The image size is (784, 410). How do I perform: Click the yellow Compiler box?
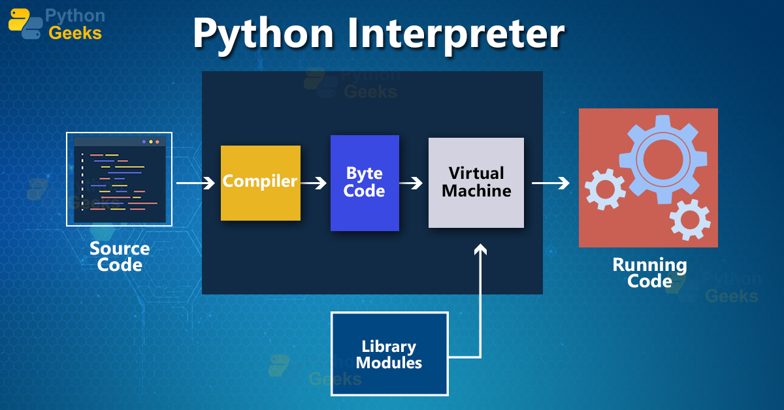(260, 183)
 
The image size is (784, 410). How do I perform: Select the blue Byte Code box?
(365, 183)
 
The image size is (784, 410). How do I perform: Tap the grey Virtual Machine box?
(476, 183)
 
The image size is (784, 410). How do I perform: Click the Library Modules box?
(389, 354)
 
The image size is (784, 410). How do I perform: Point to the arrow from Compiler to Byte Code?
(314, 183)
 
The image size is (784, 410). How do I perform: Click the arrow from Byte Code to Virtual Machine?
(411, 183)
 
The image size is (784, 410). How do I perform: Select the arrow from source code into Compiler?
(195, 183)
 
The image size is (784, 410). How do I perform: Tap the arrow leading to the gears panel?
(549, 183)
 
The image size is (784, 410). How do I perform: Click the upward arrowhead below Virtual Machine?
(481, 249)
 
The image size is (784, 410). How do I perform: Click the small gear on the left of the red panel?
(604, 189)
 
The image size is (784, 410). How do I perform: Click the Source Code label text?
(120, 257)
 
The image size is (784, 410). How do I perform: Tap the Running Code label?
(649, 273)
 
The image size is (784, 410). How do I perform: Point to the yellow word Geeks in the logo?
(75, 33)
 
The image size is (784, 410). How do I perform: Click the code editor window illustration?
(119, 179)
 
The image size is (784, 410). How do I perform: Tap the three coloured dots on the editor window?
(150, 142)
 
